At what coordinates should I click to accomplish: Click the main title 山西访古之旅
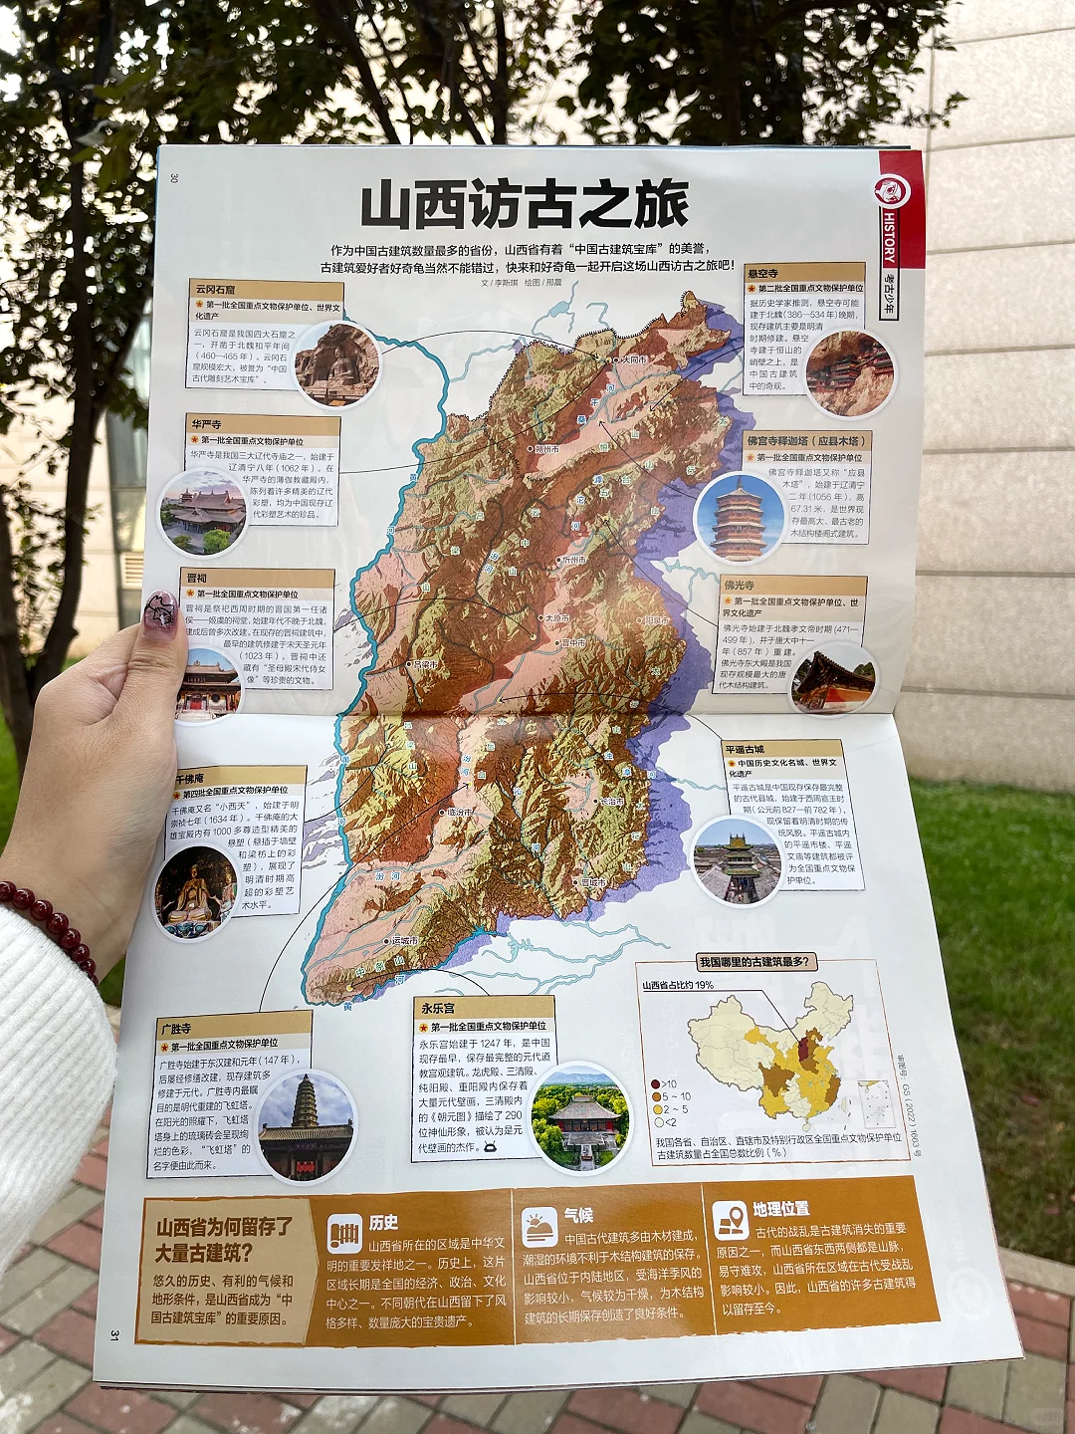pyautogui.click(x=524, y=206)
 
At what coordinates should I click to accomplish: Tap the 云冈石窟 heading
pyautogui.click(x=216, y=290)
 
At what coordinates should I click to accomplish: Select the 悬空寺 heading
pyautogui.click(x=763, y=273)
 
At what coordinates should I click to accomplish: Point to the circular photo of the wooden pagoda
pyautogui.click(x=739, y=518)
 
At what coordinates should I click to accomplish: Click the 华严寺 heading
pyautogui.click(x=207, y=424)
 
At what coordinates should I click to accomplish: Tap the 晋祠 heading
pyautogui.click(x=197, y=578)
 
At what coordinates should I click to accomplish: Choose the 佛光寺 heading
pyautogui.click(x=740, y=586)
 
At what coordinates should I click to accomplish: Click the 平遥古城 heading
pyautogui.click(x=745, y=749)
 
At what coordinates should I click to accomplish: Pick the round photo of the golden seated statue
pyautogui.click(x=195, y=892)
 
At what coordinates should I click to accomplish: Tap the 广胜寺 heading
pyautogui.click(x=176, y=1028)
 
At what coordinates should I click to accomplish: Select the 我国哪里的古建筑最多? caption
pyautogui.click(x=756, y=962)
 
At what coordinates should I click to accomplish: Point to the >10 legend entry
pyautogui.click(x=664, y=1084)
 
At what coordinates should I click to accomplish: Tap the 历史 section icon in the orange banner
pyautogui.click(x=344, y=1235)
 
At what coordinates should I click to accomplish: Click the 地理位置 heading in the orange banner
pyautogui.click(x=780, y=1209)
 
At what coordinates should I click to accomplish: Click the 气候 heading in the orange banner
pyautogui.click(x=578, y=1215)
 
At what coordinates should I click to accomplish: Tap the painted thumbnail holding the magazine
pyautogui.click(x=160, y=612)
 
